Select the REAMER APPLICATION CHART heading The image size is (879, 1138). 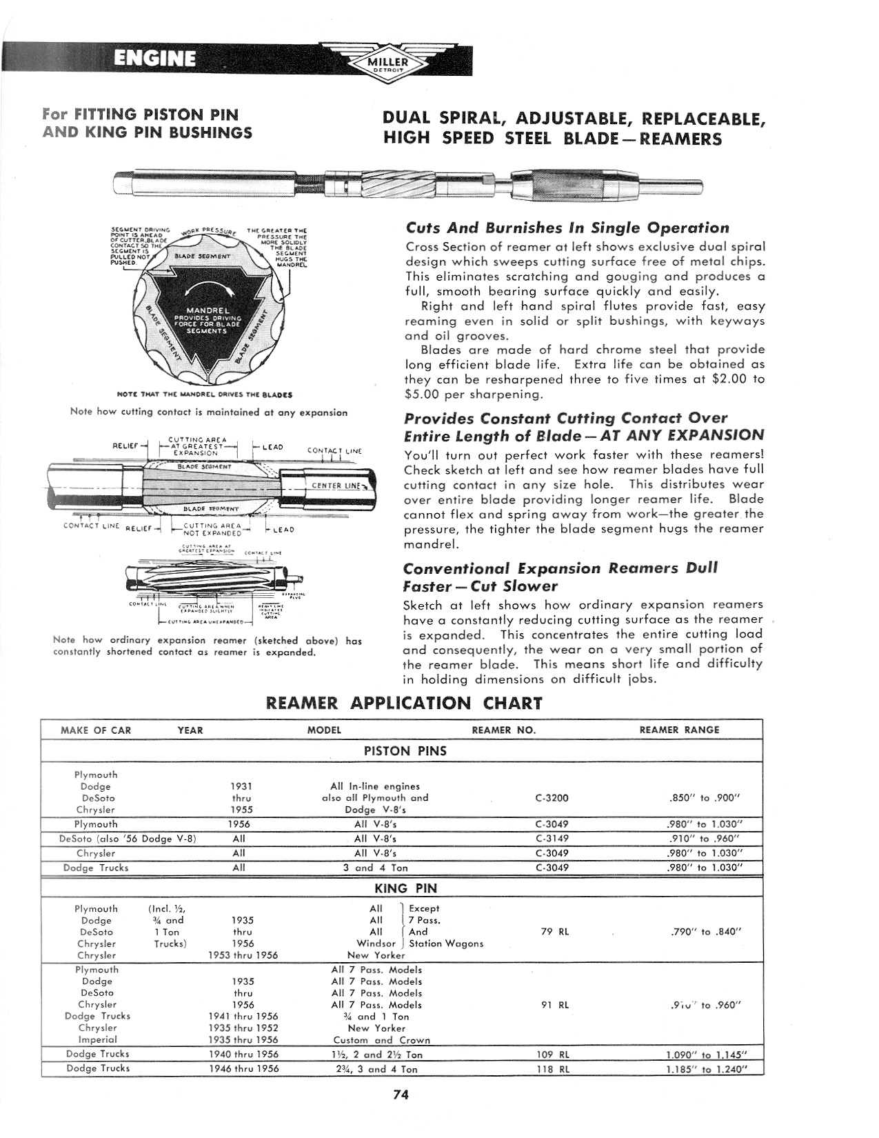point(404,703)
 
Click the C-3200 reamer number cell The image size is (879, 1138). point(552,798)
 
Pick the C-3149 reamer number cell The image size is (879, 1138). point(552,839)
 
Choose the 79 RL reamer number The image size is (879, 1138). point(555,932)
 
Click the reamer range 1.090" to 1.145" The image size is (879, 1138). point(706,1055)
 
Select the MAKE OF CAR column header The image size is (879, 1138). point(96,730)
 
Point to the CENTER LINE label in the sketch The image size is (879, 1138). point(336,486)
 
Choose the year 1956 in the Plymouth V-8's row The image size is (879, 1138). point(239,824)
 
